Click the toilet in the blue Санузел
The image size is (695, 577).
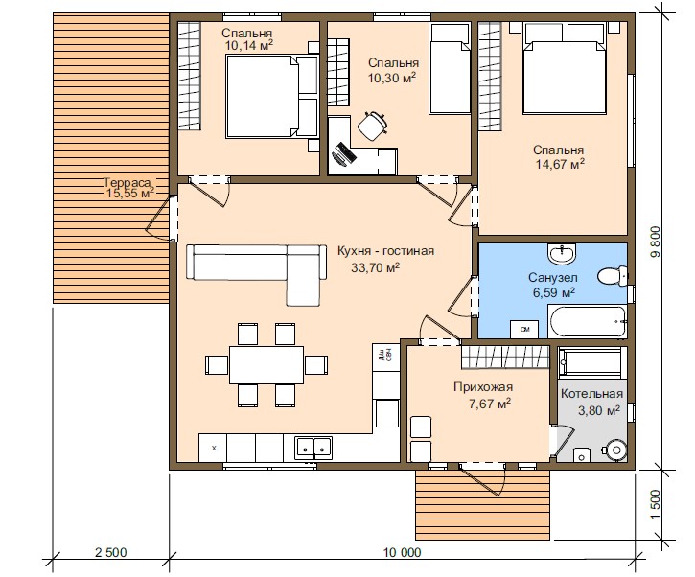tap(613, 276)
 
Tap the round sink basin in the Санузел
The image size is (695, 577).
tap(562, 254)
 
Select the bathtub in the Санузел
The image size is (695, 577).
tap(588, 320)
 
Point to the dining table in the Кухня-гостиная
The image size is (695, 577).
tap(266, 365)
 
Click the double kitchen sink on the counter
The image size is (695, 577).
tap(313, 448)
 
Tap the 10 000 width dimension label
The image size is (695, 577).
tap(403, 553)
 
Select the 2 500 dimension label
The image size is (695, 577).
tap(111, 553)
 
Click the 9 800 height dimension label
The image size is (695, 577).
tap(656, 242)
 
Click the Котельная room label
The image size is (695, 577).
tap(591, 394)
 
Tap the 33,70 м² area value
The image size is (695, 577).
tap(376, 267)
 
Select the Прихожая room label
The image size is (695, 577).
tap(483, 387)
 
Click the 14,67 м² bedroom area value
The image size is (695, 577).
tap(560, 164)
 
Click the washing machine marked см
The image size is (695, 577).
tap(524, 330)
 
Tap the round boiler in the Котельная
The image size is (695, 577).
tap(616, 450)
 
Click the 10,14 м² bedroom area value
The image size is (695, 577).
tap(248, 44)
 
